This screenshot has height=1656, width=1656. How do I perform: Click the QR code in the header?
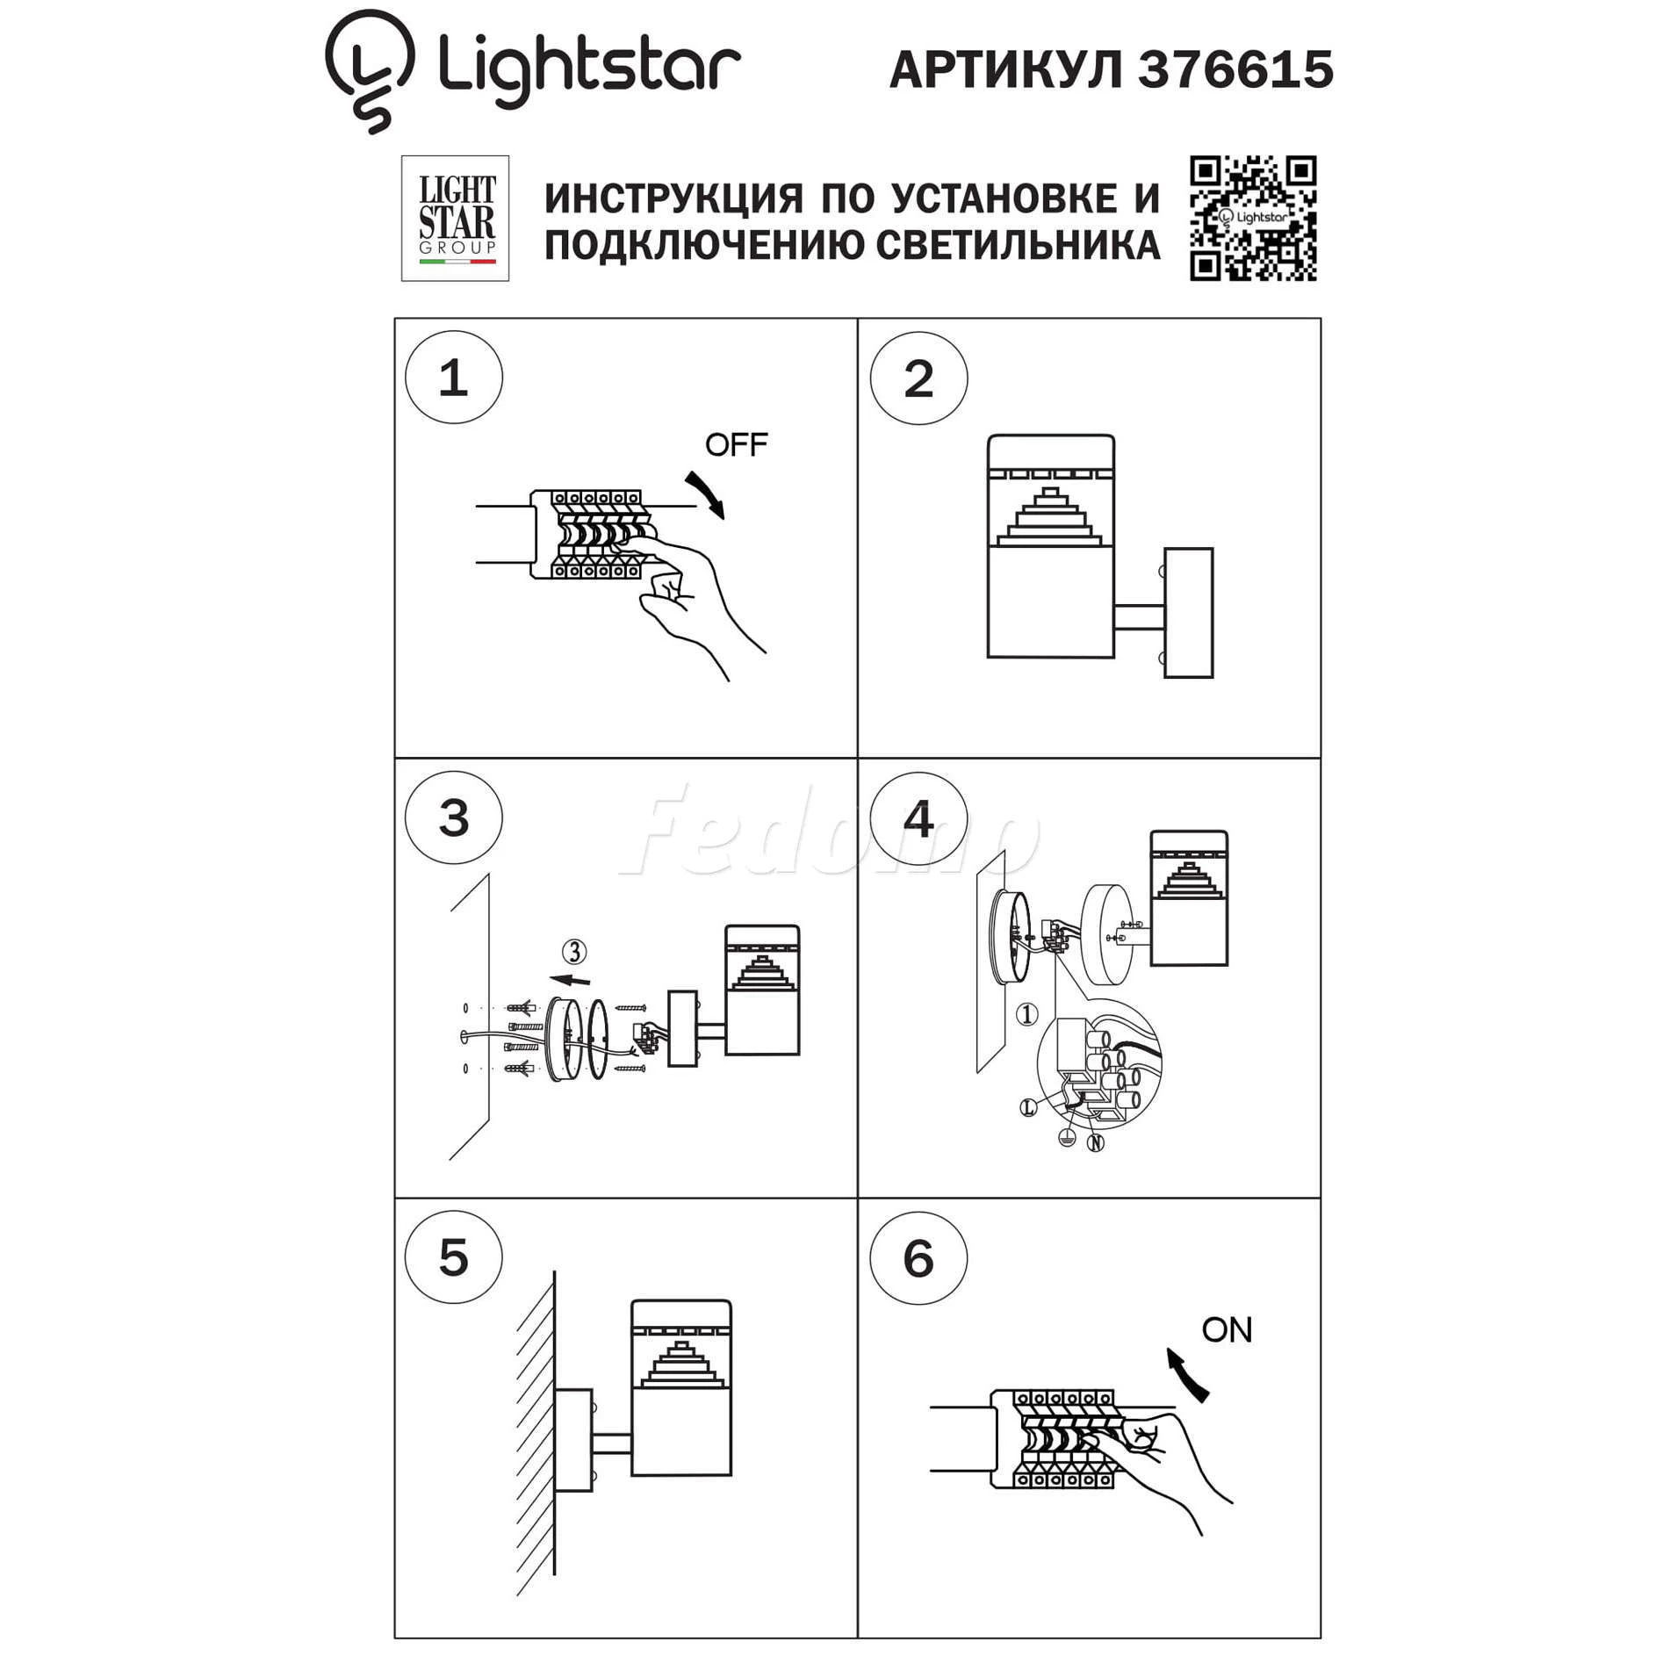(1253, 219)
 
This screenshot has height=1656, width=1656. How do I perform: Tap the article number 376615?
(1235, 69)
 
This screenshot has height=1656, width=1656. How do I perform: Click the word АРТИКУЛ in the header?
(1006, 69)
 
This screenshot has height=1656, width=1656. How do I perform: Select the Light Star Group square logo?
(455, 219)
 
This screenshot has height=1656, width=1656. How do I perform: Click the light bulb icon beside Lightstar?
(369, 70)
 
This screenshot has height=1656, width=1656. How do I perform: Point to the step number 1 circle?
(454, 378)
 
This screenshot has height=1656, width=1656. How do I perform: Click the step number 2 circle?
(918, 378)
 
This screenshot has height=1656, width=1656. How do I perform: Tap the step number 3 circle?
(454, 817)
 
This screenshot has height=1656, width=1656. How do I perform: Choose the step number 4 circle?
(918, 818)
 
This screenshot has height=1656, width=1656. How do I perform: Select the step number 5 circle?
(454, 1257)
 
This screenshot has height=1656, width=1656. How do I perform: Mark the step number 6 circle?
(918, 1258)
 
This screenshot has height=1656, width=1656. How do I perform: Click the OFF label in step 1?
(736, 445)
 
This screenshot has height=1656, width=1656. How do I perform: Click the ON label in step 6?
(1227, 1330)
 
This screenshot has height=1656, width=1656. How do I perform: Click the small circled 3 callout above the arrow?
(574, 952)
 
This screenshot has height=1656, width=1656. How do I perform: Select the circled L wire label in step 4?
(1028, 1108)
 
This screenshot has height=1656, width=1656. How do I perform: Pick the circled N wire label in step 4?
(1095, 1143)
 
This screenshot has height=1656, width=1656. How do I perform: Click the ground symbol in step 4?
(1067, 1139)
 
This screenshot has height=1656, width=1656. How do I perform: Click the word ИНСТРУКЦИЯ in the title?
(673, 199)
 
